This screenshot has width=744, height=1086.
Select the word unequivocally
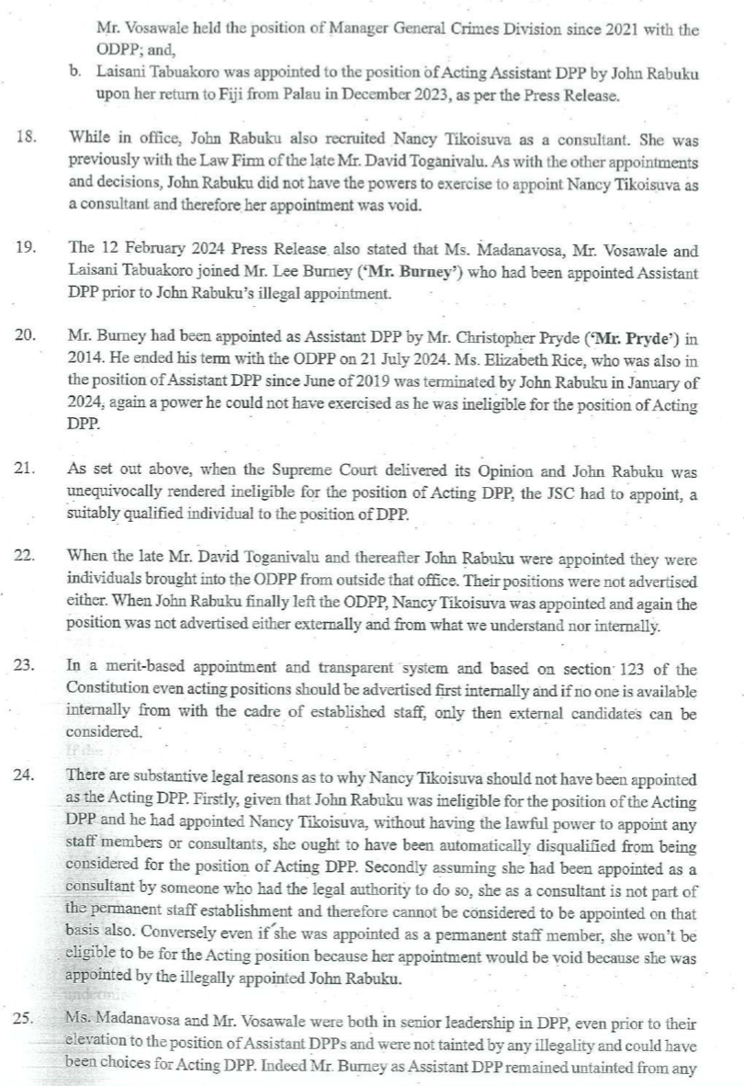click(x=118, y=492)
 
